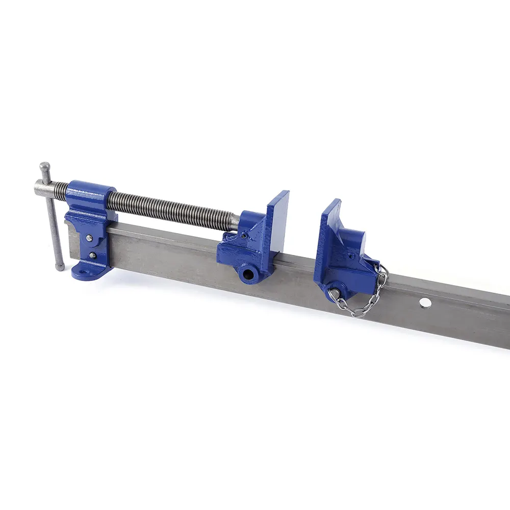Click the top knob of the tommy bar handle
point(45,166)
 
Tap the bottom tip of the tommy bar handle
point(60,266)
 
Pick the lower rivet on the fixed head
point(92,256)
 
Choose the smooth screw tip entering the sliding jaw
point(234,221)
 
